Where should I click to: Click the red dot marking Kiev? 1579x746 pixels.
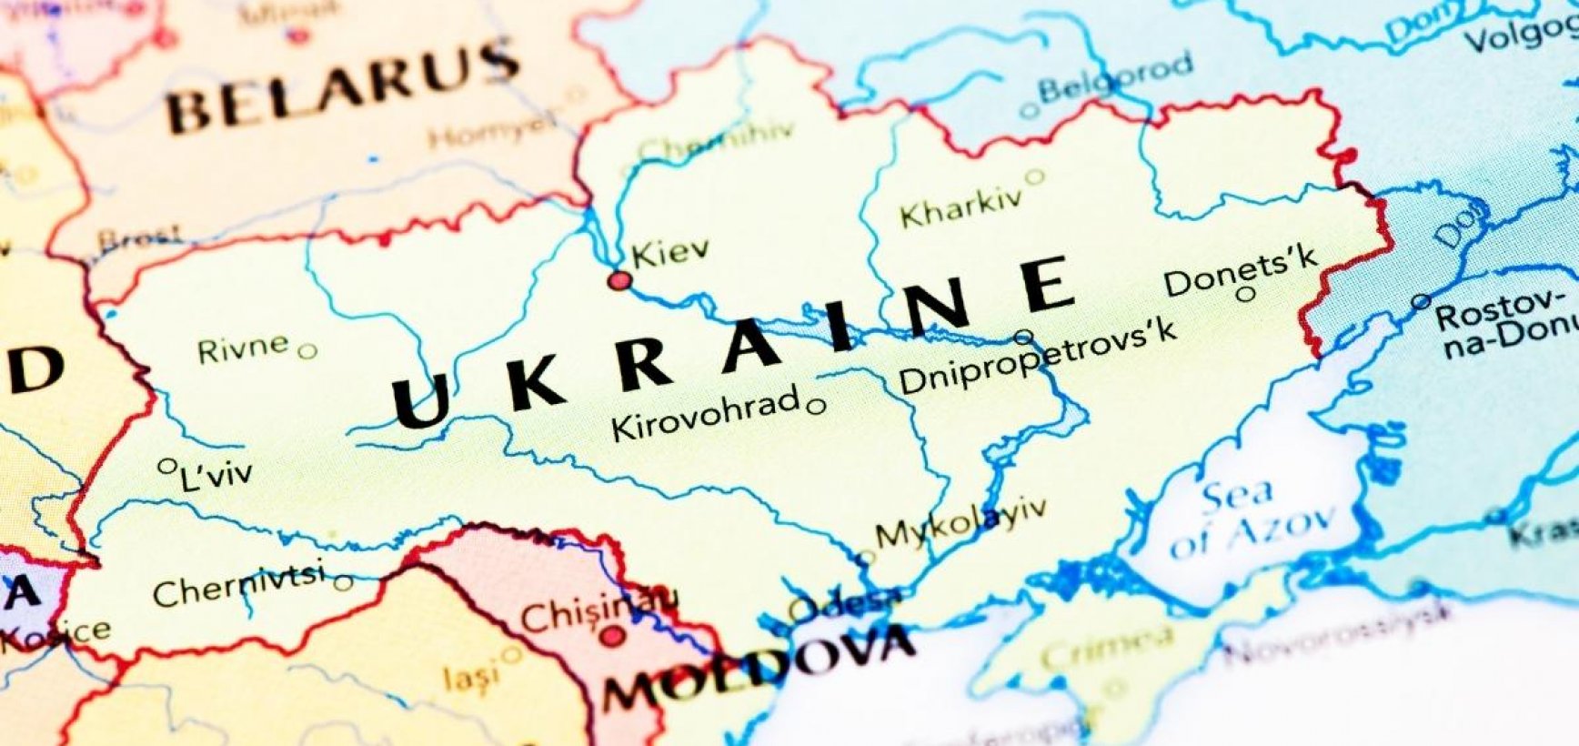(619, 280)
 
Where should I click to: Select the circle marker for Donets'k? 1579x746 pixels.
(1246, 294)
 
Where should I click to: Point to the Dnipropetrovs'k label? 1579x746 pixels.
(1037, 357)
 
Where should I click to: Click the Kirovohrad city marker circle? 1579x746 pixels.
(817, 407)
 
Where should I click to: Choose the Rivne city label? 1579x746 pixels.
(243, 348)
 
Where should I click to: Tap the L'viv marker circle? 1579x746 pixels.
(166, 467)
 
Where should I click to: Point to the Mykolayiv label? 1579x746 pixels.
(960, 524)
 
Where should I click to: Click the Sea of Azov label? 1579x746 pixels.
(1251, 519)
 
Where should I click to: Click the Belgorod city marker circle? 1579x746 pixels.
(1029, 111)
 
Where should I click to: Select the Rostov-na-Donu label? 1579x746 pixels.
(1505, 323)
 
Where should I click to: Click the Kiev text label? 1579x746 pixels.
(670, 252)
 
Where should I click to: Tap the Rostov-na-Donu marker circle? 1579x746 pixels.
(1421, 301)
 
